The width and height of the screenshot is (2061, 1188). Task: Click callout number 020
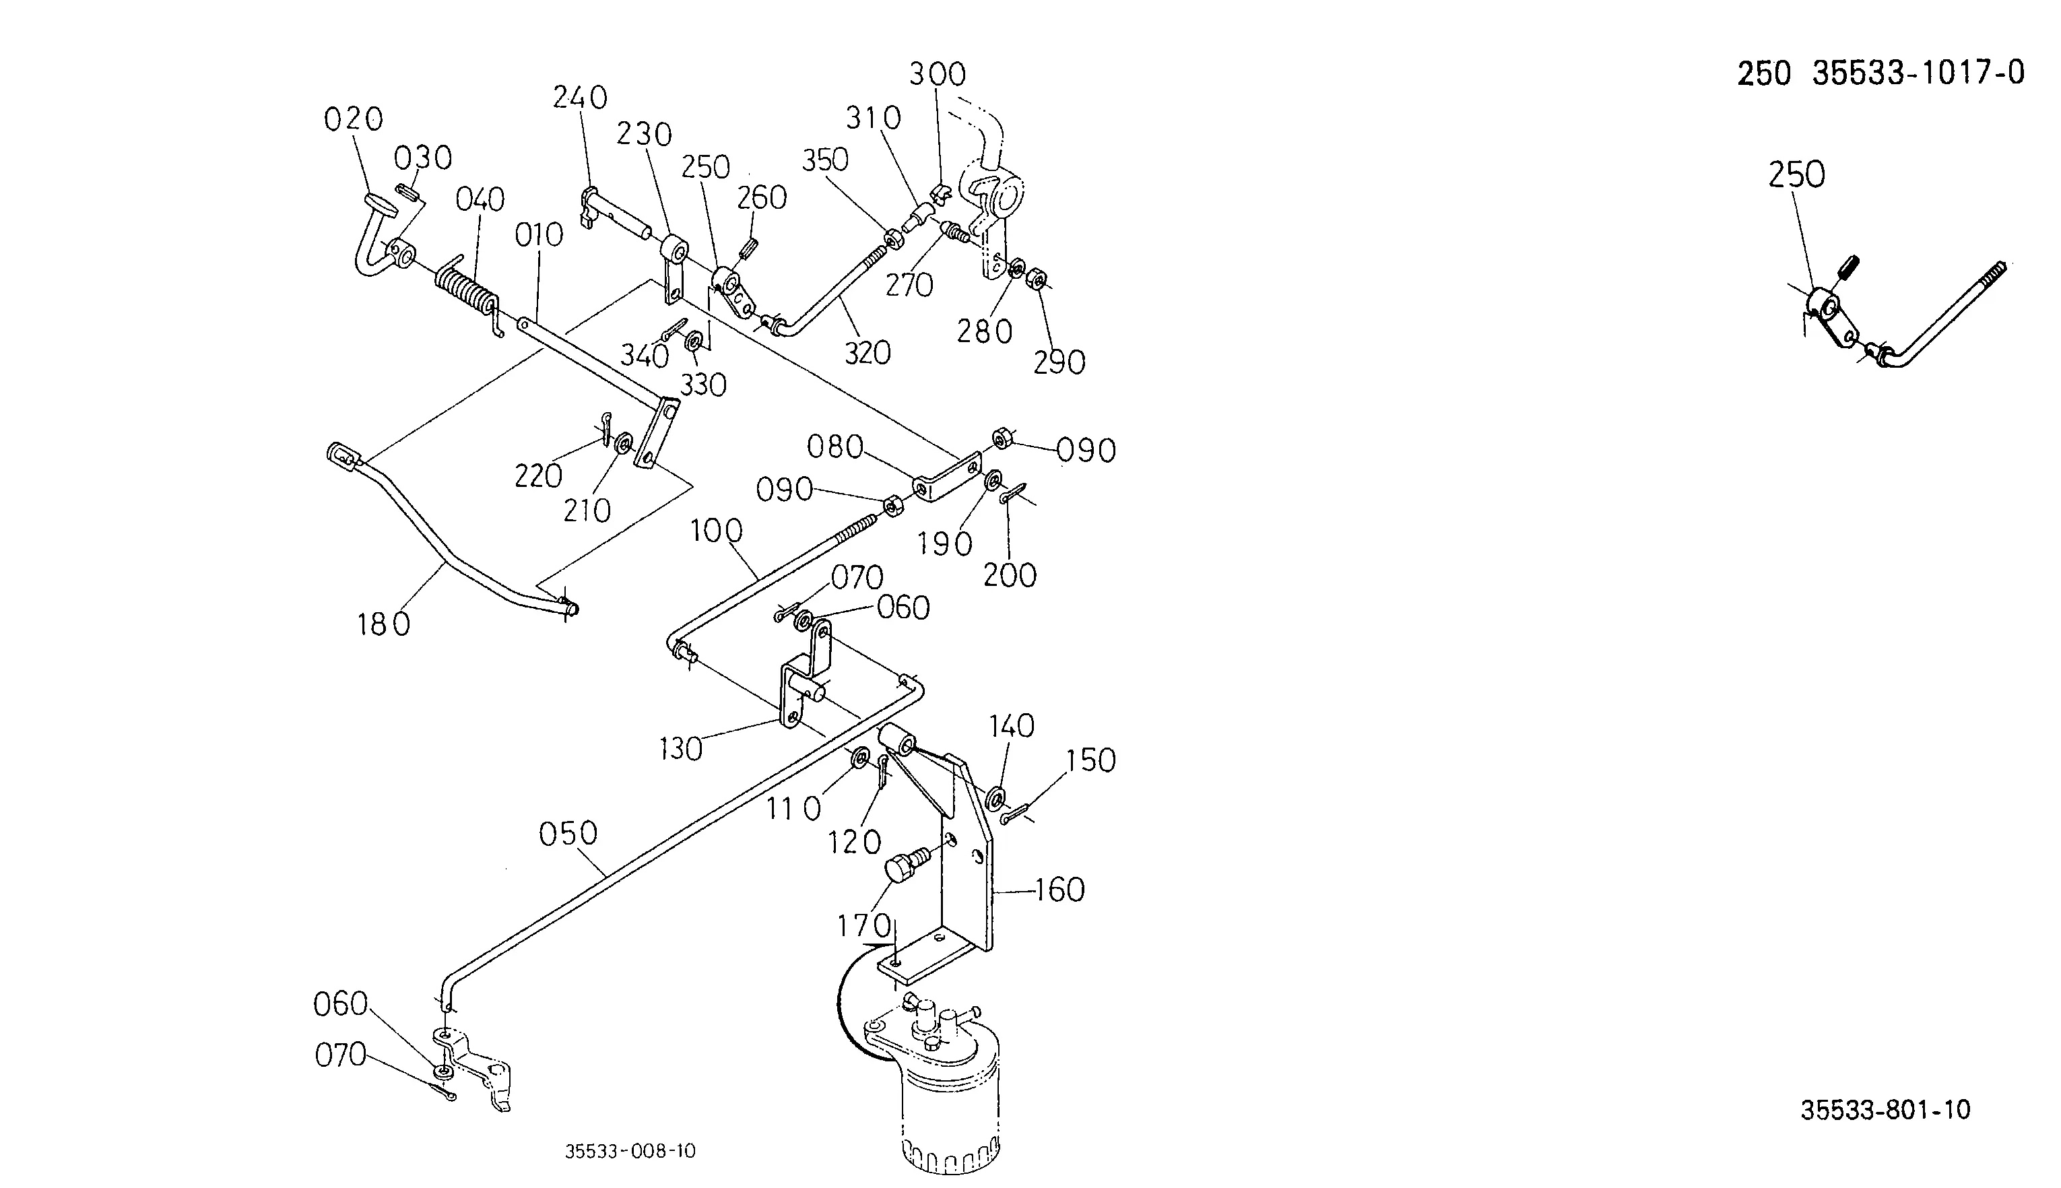point(354,119)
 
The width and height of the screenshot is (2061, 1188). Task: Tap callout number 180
point(383,625)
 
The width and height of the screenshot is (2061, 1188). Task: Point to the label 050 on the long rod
point(568,834)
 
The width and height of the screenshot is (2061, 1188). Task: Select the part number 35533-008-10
point(630,1151)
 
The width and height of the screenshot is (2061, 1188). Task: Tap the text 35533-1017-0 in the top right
point(1919,73)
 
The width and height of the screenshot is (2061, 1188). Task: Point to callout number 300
point(938,74)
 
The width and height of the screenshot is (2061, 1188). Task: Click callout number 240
point(580,98)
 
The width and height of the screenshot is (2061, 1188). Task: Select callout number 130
point(680,749)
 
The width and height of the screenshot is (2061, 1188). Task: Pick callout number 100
point(717,531)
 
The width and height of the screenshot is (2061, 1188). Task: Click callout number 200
point(1010,576)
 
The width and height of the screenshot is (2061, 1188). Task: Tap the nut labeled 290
point(1036,279)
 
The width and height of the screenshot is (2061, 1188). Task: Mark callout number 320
point(868,354)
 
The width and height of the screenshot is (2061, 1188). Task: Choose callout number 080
point(835,447)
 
